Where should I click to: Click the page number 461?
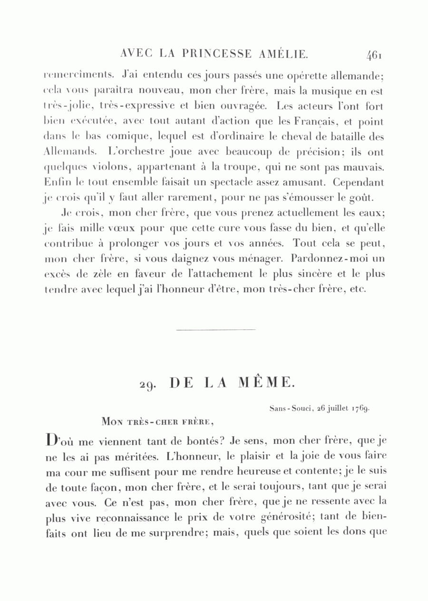pos(374,56)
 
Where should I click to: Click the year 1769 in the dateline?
pos(361,408)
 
